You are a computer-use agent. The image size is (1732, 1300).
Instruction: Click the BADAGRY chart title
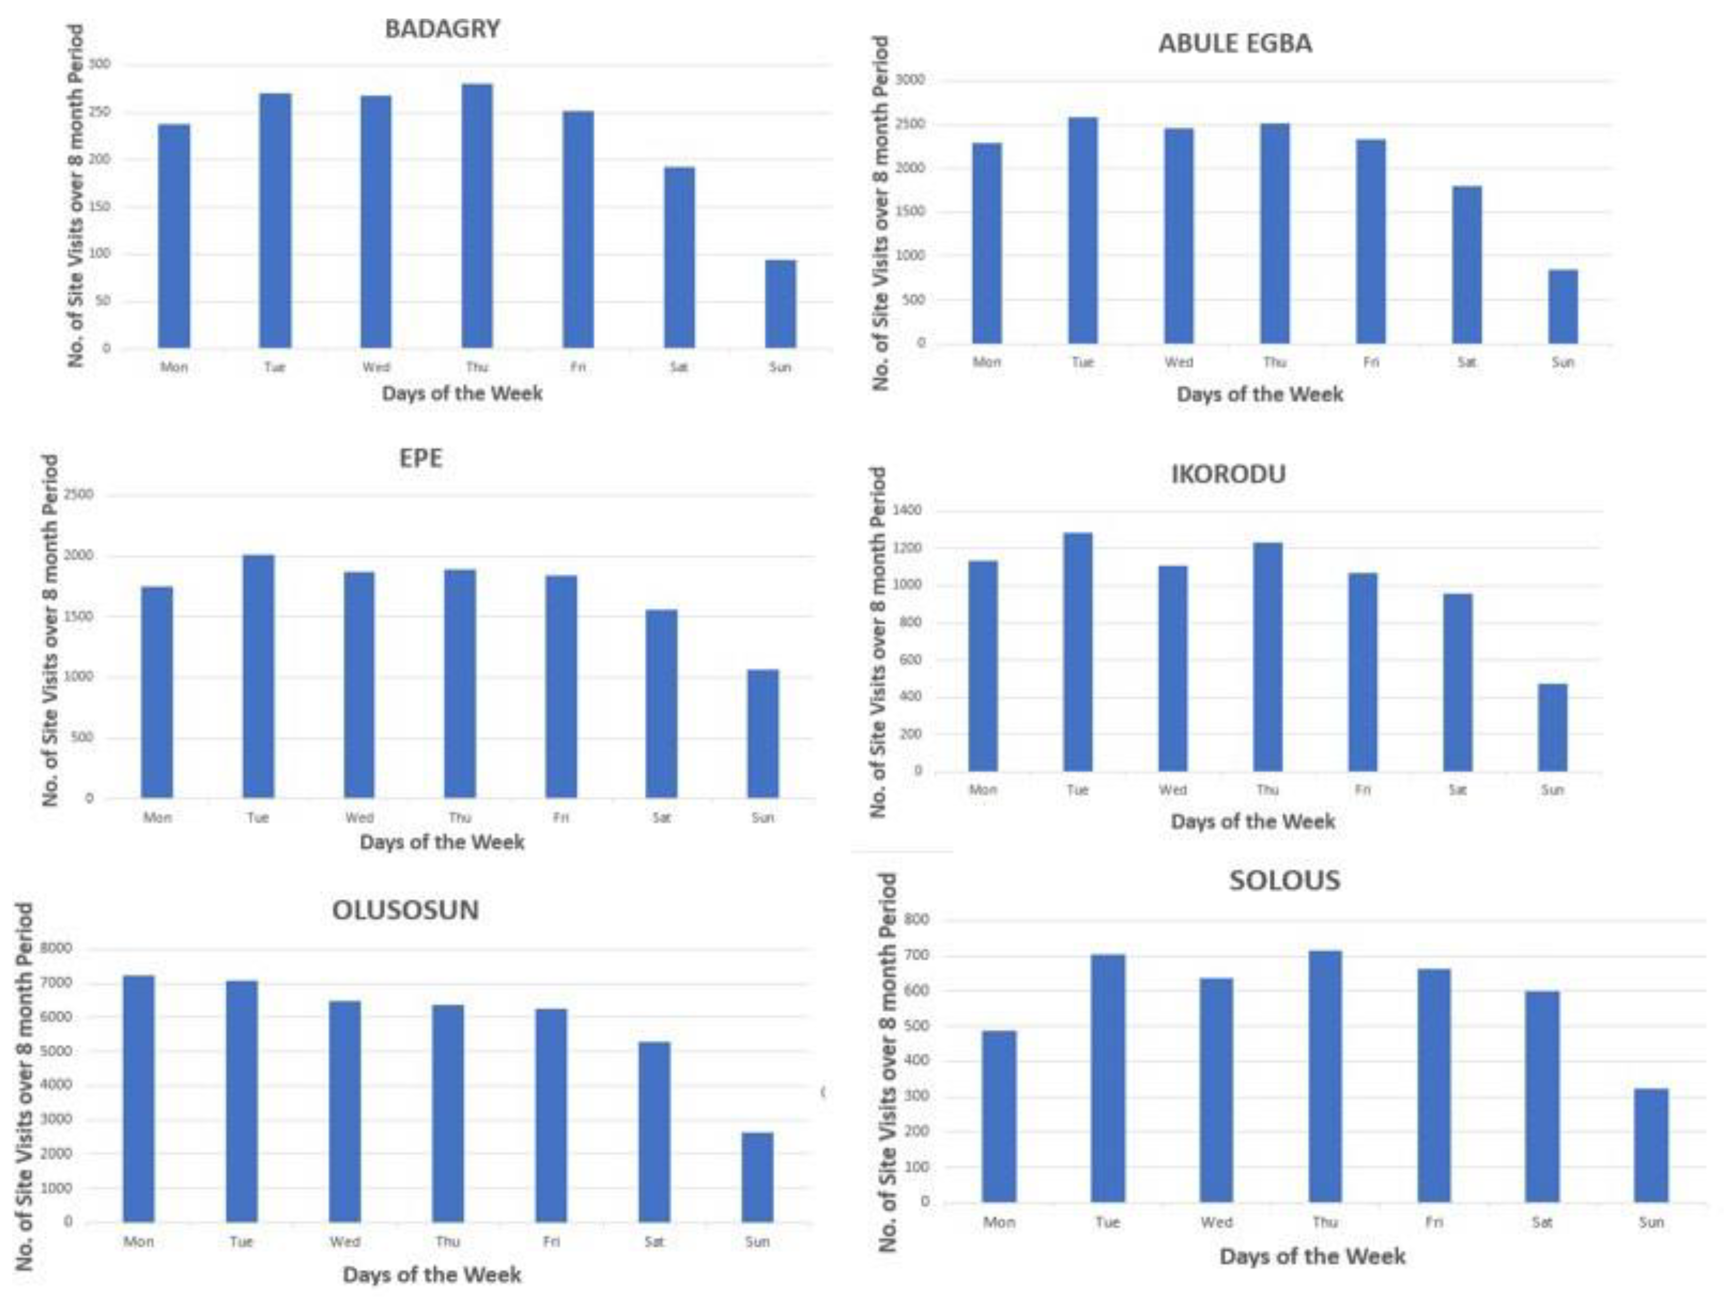[442, 29]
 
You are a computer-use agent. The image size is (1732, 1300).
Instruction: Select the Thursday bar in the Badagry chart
[477, 215]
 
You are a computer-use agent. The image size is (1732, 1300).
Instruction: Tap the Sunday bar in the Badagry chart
[780, 304]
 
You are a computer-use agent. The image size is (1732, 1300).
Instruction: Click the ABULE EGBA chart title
[1235, 43]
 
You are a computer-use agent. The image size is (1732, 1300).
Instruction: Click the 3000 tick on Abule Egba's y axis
[910, 80]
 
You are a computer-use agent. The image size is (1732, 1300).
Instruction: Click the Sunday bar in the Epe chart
[763, 734]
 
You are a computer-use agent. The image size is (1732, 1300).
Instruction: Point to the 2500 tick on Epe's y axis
[78, 495]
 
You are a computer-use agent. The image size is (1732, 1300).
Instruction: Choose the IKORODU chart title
[1228, 474]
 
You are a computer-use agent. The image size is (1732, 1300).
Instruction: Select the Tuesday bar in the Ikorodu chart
[1078, 652]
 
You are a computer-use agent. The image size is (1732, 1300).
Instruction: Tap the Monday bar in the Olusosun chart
[139, 1098]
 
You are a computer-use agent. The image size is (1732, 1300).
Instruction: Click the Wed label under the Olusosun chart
[345, 1242]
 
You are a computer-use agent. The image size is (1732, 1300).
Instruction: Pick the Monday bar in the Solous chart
[999, 1116]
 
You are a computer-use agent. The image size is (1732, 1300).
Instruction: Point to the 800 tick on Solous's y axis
[918, 920]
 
